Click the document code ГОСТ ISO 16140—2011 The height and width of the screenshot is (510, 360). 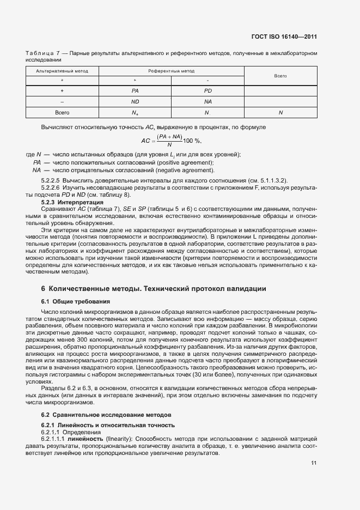[x=291, y=37]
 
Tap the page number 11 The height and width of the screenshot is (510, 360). [x=314, y=463]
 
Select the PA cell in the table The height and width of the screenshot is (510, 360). [x=135, y=90]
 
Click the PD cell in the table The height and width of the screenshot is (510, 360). [x=208, y=90]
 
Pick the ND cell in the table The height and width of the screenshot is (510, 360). [x=135, y=101]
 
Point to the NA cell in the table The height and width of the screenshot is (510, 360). [x=208, y=101]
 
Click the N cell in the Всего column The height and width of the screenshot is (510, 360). [x=280, y=113]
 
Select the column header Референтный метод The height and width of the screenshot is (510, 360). [x=171, y=71]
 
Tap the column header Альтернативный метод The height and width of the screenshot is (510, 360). [x=62, y=71]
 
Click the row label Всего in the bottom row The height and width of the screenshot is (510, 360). [x=62, y=113]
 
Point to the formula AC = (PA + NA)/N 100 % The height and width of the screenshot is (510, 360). [x=171, y=140]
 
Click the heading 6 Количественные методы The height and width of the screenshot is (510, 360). [x=154, y=288]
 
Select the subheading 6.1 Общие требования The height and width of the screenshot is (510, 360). [x=76, y=301]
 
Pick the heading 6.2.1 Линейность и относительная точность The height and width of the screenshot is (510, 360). [x=108, y=425]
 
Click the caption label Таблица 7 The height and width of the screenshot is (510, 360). [x=43, y=53]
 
